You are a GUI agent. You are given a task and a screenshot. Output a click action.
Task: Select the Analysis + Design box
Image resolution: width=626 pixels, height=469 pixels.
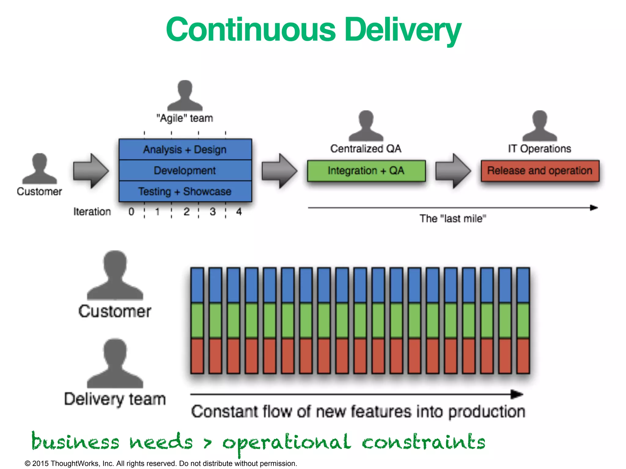pyautogui.click(x=185, y=150)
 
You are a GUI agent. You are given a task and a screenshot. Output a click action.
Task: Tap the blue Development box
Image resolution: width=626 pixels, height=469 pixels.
pyautogui.click(x=185, y=170)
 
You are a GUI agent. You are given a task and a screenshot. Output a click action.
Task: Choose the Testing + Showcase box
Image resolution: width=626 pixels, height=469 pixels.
pyautogui.click(x=185, y=191)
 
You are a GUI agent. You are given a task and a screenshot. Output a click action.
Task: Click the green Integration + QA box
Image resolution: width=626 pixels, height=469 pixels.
pyautogui.click(x=366, y=171)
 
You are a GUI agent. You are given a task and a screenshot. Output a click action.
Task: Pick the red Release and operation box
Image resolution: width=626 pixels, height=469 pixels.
pyautogui.click(x=540, y=171)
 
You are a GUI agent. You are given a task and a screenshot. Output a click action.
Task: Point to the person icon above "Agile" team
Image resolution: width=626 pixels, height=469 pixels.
pyautogui.click(x=185, y=95)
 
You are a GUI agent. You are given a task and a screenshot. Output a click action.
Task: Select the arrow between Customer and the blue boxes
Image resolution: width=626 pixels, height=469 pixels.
pyautogui.click(x=91, y=171)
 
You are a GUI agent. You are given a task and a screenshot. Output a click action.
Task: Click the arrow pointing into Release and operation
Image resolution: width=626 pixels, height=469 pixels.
pyautogui.click(x=453, y=171)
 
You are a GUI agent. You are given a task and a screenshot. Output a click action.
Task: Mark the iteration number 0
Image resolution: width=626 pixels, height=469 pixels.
pyautogui.click(x=131, y=212)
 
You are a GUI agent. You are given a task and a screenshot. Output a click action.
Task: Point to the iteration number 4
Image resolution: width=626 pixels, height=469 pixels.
pyautogui.click(x=239, y=212)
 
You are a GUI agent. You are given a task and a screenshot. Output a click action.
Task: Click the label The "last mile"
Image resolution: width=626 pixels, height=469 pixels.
pyautogui.click(x=453, y=219)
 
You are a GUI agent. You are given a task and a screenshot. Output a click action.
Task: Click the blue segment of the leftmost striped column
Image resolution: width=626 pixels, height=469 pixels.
pyautogui.click(x=197, y=285)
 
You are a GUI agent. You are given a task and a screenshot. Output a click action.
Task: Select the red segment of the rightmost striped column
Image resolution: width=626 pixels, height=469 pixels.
pyautogui.click(x=523, y=356)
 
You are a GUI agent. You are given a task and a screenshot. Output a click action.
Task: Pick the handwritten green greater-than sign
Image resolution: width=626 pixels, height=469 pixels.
pyautogui.click(x=208, y=442)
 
